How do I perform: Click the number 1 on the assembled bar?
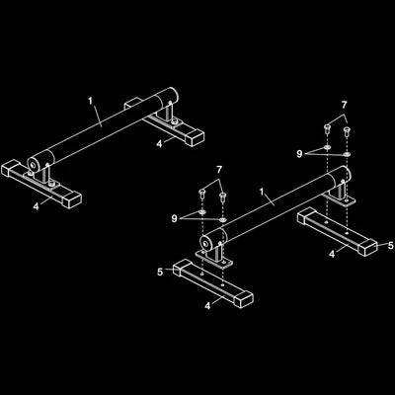point(91,101)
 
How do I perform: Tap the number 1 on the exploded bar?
point(262,192)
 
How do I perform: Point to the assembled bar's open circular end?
point(33,163)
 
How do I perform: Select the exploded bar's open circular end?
point(206,244)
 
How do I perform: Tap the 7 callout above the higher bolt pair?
point(345,106)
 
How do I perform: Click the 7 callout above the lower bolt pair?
point(219,170)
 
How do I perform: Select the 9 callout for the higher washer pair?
point(299,154)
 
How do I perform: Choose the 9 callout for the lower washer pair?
point(175,218)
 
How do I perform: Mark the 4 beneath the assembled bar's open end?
point(36,206)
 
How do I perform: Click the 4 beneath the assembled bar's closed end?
point(159,144)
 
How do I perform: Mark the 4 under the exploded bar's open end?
point(207,306)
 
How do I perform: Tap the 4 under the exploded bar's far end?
point(332,254)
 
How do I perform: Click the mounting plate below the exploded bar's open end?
point(214,259)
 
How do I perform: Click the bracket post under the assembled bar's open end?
point(44,174)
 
